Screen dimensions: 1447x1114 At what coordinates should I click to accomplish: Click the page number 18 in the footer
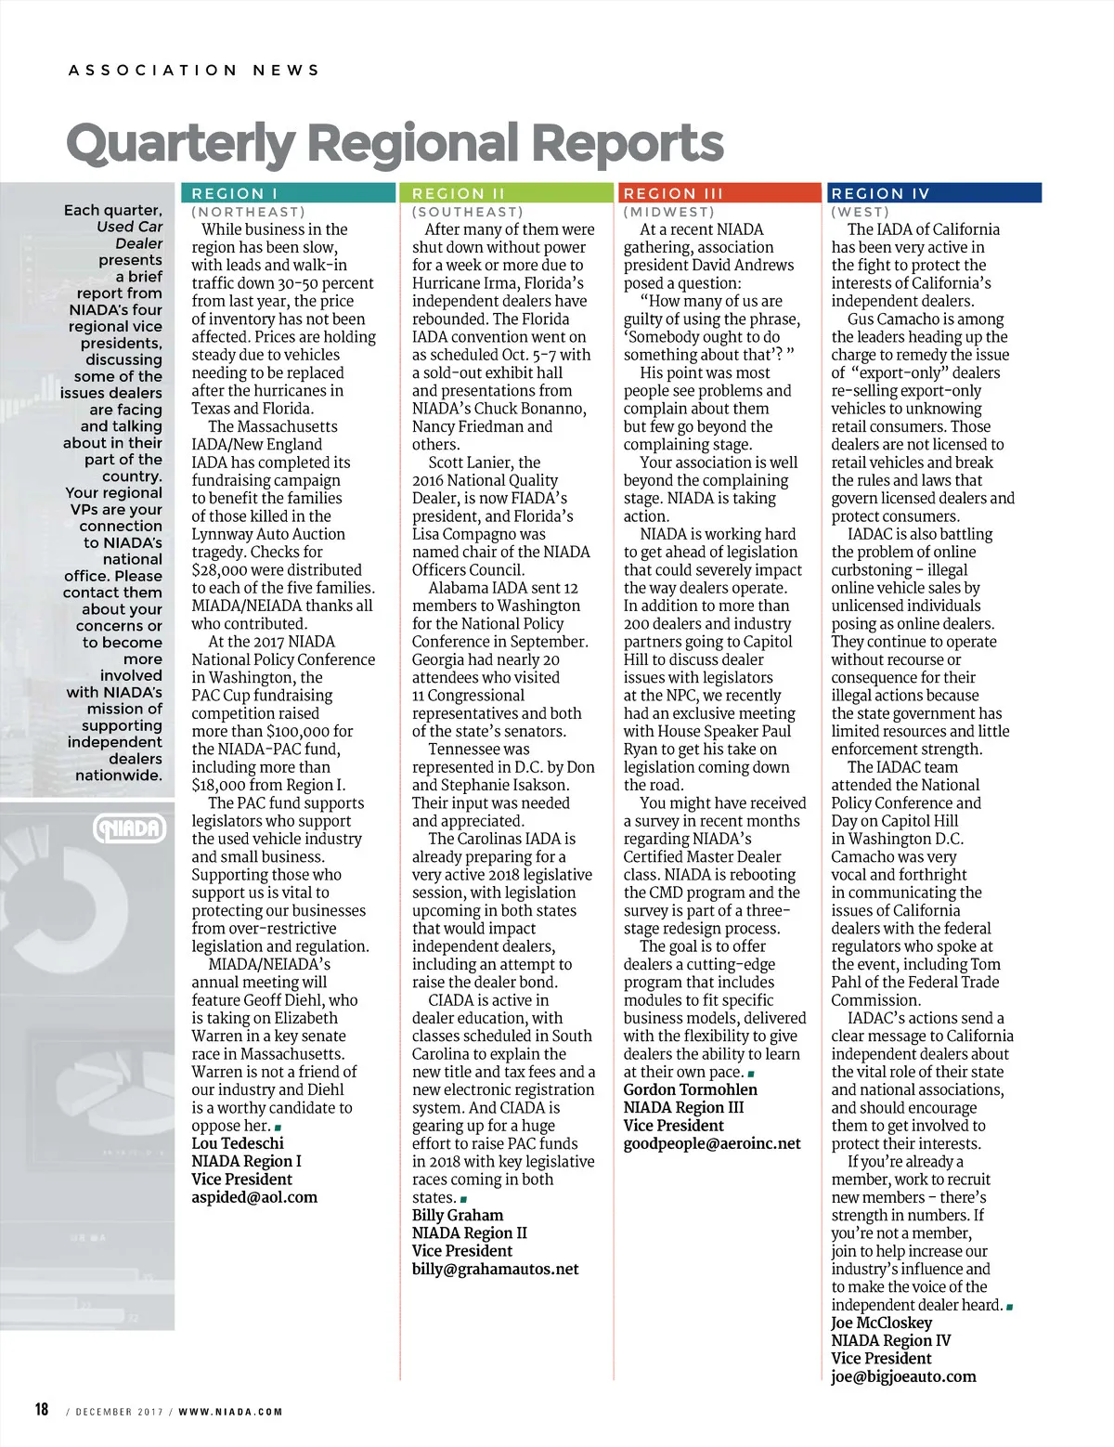click(42, 1409)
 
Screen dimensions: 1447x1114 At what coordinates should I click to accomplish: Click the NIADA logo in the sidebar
click(131, 828)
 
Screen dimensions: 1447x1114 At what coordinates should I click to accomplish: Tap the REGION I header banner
click(289, 193)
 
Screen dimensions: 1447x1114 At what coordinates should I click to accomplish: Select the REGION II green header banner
click(507, 193)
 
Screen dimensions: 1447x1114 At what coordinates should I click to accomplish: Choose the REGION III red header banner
click(719, 193)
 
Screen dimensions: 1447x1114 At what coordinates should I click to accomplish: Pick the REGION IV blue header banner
click(933, 193)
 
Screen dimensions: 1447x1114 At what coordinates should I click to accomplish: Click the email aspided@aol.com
click(254, 1197)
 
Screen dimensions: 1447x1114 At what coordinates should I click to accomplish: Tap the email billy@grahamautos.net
click(495, 1269)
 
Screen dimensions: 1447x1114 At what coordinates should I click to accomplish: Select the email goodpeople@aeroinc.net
click(712, 1143)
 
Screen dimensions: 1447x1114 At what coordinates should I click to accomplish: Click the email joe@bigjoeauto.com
click(903, 1376)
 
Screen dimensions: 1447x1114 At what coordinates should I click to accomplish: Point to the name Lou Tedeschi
click(238, 1143)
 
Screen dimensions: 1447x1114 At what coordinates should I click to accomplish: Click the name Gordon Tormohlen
click(690, 1089)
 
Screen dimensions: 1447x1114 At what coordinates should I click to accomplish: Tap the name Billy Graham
click(458, 1215)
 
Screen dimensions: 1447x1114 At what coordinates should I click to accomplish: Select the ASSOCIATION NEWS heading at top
click(194, 70)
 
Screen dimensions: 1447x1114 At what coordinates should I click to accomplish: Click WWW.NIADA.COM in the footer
click(230, 1412)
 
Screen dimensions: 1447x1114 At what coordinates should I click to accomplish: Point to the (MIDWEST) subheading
click(668, 213)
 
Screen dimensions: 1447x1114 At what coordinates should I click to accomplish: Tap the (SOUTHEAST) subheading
click(467, 213)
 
